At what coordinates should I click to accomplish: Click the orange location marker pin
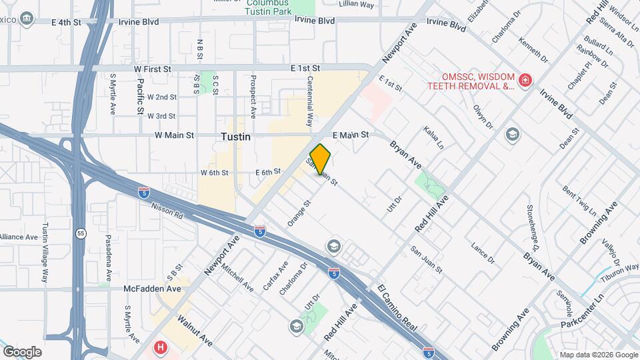click(x=321, y=159)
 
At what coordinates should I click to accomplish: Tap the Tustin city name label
click(x=235, y=136)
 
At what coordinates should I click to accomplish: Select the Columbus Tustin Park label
click(x=271, y=7)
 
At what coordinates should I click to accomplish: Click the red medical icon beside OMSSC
click(x=526, y=81)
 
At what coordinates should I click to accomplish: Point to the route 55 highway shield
click(x=81, y=233)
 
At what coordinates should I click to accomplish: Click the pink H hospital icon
click(x=160, y=347)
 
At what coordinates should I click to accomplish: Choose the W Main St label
click(x=174, y=135)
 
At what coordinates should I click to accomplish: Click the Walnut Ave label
click(x=195, y=331)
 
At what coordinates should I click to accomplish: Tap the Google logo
click(x=23, y=351)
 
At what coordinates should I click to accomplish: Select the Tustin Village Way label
click(x=46, y=253)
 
